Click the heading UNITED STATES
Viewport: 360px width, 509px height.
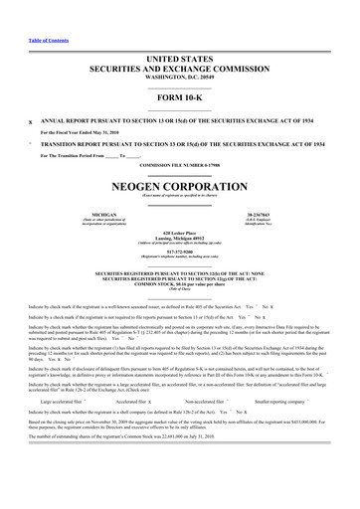tap(179, 61)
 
